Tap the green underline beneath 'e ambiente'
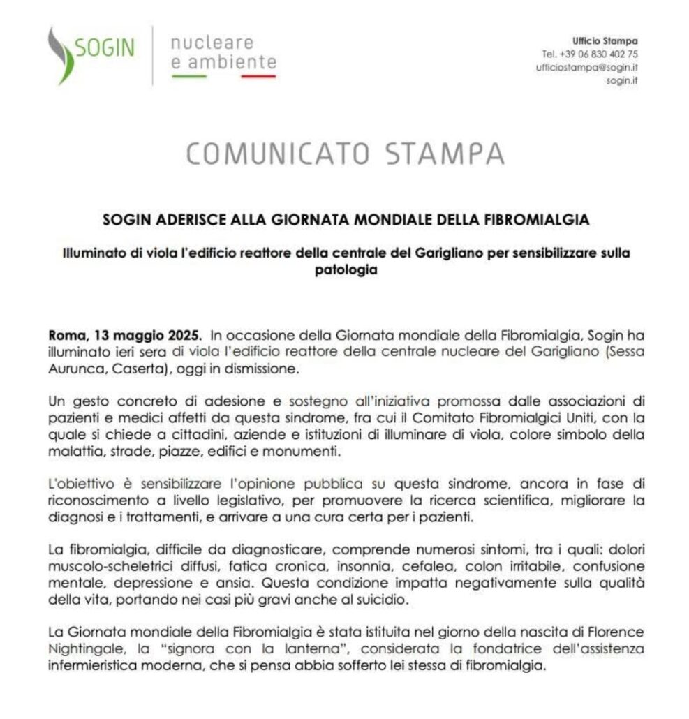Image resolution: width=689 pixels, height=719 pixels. pyautogui.click(x=188, y=75)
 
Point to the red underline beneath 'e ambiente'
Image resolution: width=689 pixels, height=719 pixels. pyautogui.click(x=258, y=75)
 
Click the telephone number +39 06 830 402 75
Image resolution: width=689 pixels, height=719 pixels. pyautogui.click(x=589, y=54)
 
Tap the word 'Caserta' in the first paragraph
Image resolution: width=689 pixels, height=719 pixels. pyautogui.click(x=139, y=367)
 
